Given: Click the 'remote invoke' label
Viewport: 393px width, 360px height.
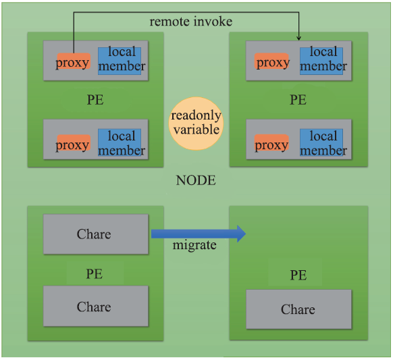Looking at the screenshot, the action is click(x=190, y=22).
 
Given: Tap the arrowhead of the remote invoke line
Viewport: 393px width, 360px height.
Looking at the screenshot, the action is click(x=298, y=38).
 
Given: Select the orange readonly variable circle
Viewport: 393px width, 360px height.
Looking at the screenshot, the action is click(x=196, y=124).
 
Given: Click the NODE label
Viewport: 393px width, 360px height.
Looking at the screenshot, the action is click(x=196, y=180).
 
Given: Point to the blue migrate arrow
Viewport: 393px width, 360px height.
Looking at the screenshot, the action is click(x=199, y=234).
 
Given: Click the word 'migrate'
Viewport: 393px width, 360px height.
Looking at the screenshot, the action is click(x=194, y=245).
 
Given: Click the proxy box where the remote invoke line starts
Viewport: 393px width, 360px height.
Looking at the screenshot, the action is click(x=74, y=61).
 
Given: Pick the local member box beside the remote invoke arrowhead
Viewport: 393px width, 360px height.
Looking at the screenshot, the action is click(x=321, y=61).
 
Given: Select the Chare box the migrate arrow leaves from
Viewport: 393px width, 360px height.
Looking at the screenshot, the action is click(x=96, y=234).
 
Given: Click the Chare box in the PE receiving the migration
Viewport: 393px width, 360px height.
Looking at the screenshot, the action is click(x=298, y=309).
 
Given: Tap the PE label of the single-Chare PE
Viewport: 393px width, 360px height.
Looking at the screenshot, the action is click(x=298, y=275).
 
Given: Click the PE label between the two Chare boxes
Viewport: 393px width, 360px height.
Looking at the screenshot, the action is click(x=95, y=274).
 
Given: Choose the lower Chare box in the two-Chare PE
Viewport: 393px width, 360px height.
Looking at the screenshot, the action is click(x=96, y=306).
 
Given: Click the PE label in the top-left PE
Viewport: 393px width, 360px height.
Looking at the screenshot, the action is click(x=95, y=99).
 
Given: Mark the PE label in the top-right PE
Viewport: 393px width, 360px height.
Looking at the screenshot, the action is click(x=298, y=99).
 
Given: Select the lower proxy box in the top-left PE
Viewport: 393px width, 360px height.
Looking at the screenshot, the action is click(x=74, y=143).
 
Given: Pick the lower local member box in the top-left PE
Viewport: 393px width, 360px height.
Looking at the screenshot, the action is click(x=120, y=143).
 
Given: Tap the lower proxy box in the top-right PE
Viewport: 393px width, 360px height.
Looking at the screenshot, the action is click(x=271, y=143).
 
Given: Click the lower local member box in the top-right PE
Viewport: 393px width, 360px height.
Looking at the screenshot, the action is click(x=321, y=143).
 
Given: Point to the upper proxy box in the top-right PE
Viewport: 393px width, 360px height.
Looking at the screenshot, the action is click(x=271, y=61).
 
